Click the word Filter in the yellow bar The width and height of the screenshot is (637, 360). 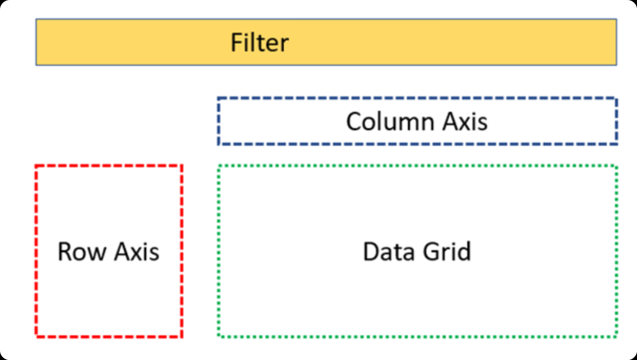(260, 43)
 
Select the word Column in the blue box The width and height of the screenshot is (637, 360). (390, 122)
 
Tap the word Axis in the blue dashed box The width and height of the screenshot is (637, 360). (465, 122)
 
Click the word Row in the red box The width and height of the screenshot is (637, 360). (82, 252)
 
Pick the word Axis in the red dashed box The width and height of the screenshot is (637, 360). (137, 252)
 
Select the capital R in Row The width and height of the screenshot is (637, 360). (65, 252)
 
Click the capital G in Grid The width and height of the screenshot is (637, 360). (432, 252)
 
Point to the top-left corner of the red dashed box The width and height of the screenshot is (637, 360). (36, 166)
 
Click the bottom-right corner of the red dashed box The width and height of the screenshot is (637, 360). (181, 336)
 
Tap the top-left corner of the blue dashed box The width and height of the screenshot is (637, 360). (219, 98)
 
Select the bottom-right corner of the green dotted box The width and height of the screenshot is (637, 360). (616, 336)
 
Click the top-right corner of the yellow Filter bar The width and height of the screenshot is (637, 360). (616, 19)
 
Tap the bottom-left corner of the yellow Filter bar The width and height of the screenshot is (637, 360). (36, 65)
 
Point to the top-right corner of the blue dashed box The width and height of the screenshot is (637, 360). (616, 98)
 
